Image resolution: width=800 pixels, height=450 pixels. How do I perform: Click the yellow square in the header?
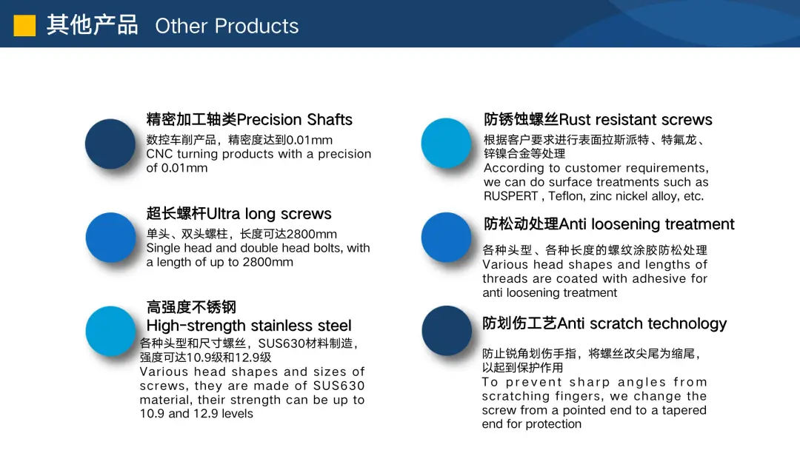24,25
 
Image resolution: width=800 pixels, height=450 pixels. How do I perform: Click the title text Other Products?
227,26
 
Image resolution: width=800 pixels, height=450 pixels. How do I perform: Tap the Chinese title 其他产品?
93,25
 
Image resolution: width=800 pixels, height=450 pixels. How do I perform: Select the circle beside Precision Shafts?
110,144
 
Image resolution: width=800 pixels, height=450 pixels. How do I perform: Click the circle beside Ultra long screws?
110,238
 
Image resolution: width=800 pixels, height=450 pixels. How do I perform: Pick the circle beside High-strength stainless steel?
110,332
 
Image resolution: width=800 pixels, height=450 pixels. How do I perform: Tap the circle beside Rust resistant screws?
447,143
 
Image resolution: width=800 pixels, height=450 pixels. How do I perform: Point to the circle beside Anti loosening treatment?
447,238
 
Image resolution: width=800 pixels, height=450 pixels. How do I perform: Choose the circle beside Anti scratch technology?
447,331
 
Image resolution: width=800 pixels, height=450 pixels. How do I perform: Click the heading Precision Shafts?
295,119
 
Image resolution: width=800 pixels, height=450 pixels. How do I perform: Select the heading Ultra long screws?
269,214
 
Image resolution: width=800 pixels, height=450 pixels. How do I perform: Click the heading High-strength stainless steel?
249,325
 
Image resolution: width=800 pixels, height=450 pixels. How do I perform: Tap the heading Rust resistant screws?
636,119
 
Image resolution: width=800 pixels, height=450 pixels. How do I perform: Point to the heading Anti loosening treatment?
647,224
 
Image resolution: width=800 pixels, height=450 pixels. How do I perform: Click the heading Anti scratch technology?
642,323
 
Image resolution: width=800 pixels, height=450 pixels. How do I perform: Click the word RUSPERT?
510,196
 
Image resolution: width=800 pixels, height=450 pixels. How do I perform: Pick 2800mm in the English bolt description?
268,262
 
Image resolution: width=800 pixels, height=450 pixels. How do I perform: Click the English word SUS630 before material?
339,386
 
